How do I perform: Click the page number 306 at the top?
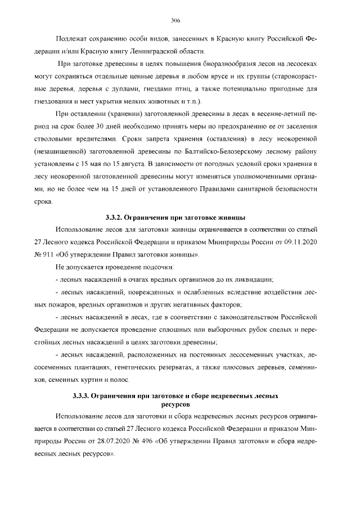[x=175, y=21]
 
